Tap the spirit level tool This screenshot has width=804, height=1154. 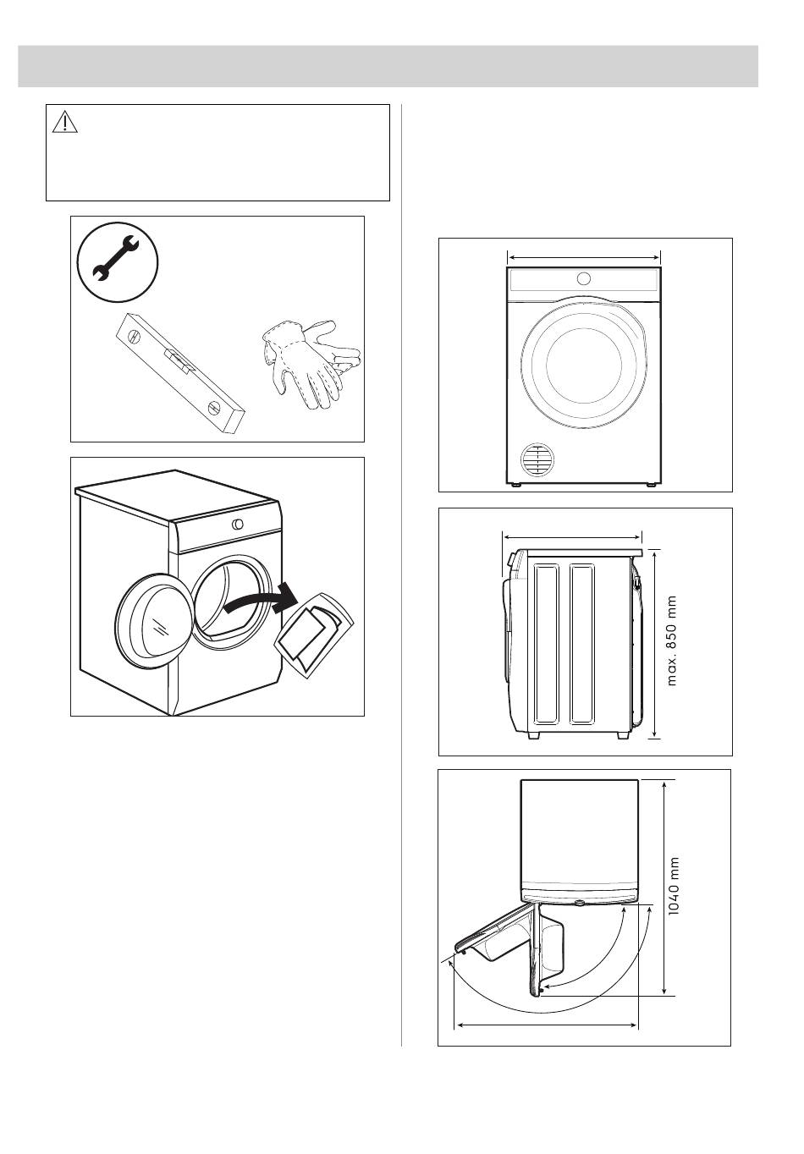179,371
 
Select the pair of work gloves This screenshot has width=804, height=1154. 309,364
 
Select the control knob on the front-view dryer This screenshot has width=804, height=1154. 582,278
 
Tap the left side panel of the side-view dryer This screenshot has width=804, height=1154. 546,644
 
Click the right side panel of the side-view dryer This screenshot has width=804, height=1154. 583,644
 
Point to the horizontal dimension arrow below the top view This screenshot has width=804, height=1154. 547,1025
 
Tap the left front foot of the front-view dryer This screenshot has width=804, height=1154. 515,485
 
